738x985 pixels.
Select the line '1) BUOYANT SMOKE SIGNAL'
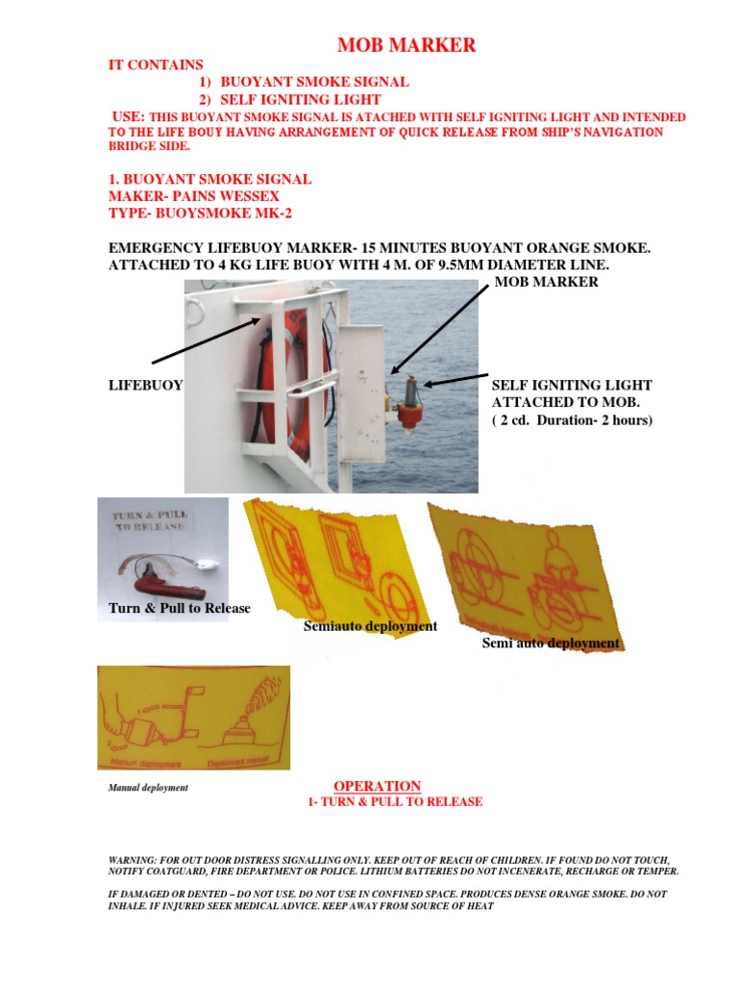(x=304, y=82)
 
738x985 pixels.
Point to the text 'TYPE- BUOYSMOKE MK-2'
(x=191, y=215)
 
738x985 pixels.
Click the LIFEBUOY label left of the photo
(x=144, y=385)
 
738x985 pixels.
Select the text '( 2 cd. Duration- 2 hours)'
(x=572, y=420)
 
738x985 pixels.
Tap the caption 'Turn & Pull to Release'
(x=179, y=608)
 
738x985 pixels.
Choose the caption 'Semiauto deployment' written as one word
(x=370, y=626)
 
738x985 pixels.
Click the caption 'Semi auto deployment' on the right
(x=551, y=644)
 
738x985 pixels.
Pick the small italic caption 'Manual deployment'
(x=148, y=788)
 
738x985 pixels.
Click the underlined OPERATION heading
(x=377, y=786)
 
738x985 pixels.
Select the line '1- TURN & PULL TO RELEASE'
(x=393, y=802)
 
